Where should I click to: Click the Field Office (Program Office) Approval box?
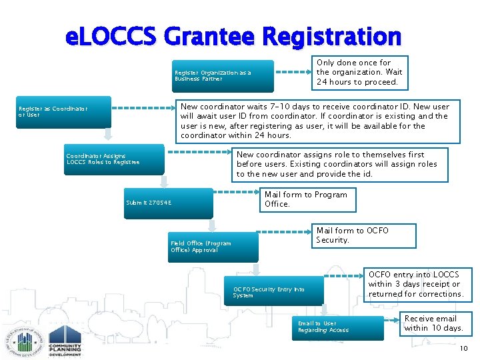213,247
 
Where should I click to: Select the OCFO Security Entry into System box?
273,292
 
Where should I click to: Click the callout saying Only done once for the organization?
361,72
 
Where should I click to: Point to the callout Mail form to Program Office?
306,199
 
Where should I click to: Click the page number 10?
464,349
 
